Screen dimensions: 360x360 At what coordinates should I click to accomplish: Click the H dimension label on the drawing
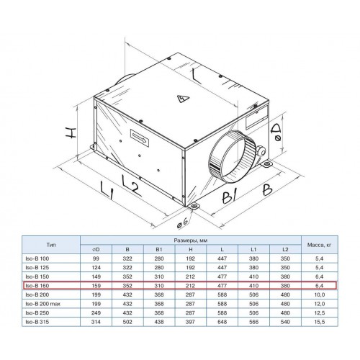(x=71, y=132)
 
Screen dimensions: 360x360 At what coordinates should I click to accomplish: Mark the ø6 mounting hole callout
(x=182, y=223)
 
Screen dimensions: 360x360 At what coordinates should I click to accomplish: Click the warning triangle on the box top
(x=183, y=98)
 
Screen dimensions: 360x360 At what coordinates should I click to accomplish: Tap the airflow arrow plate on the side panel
(x=140, y=138)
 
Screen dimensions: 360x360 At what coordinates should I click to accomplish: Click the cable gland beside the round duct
(x=261, y=150)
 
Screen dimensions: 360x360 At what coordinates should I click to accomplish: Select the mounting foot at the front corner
(x=194, y=207)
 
